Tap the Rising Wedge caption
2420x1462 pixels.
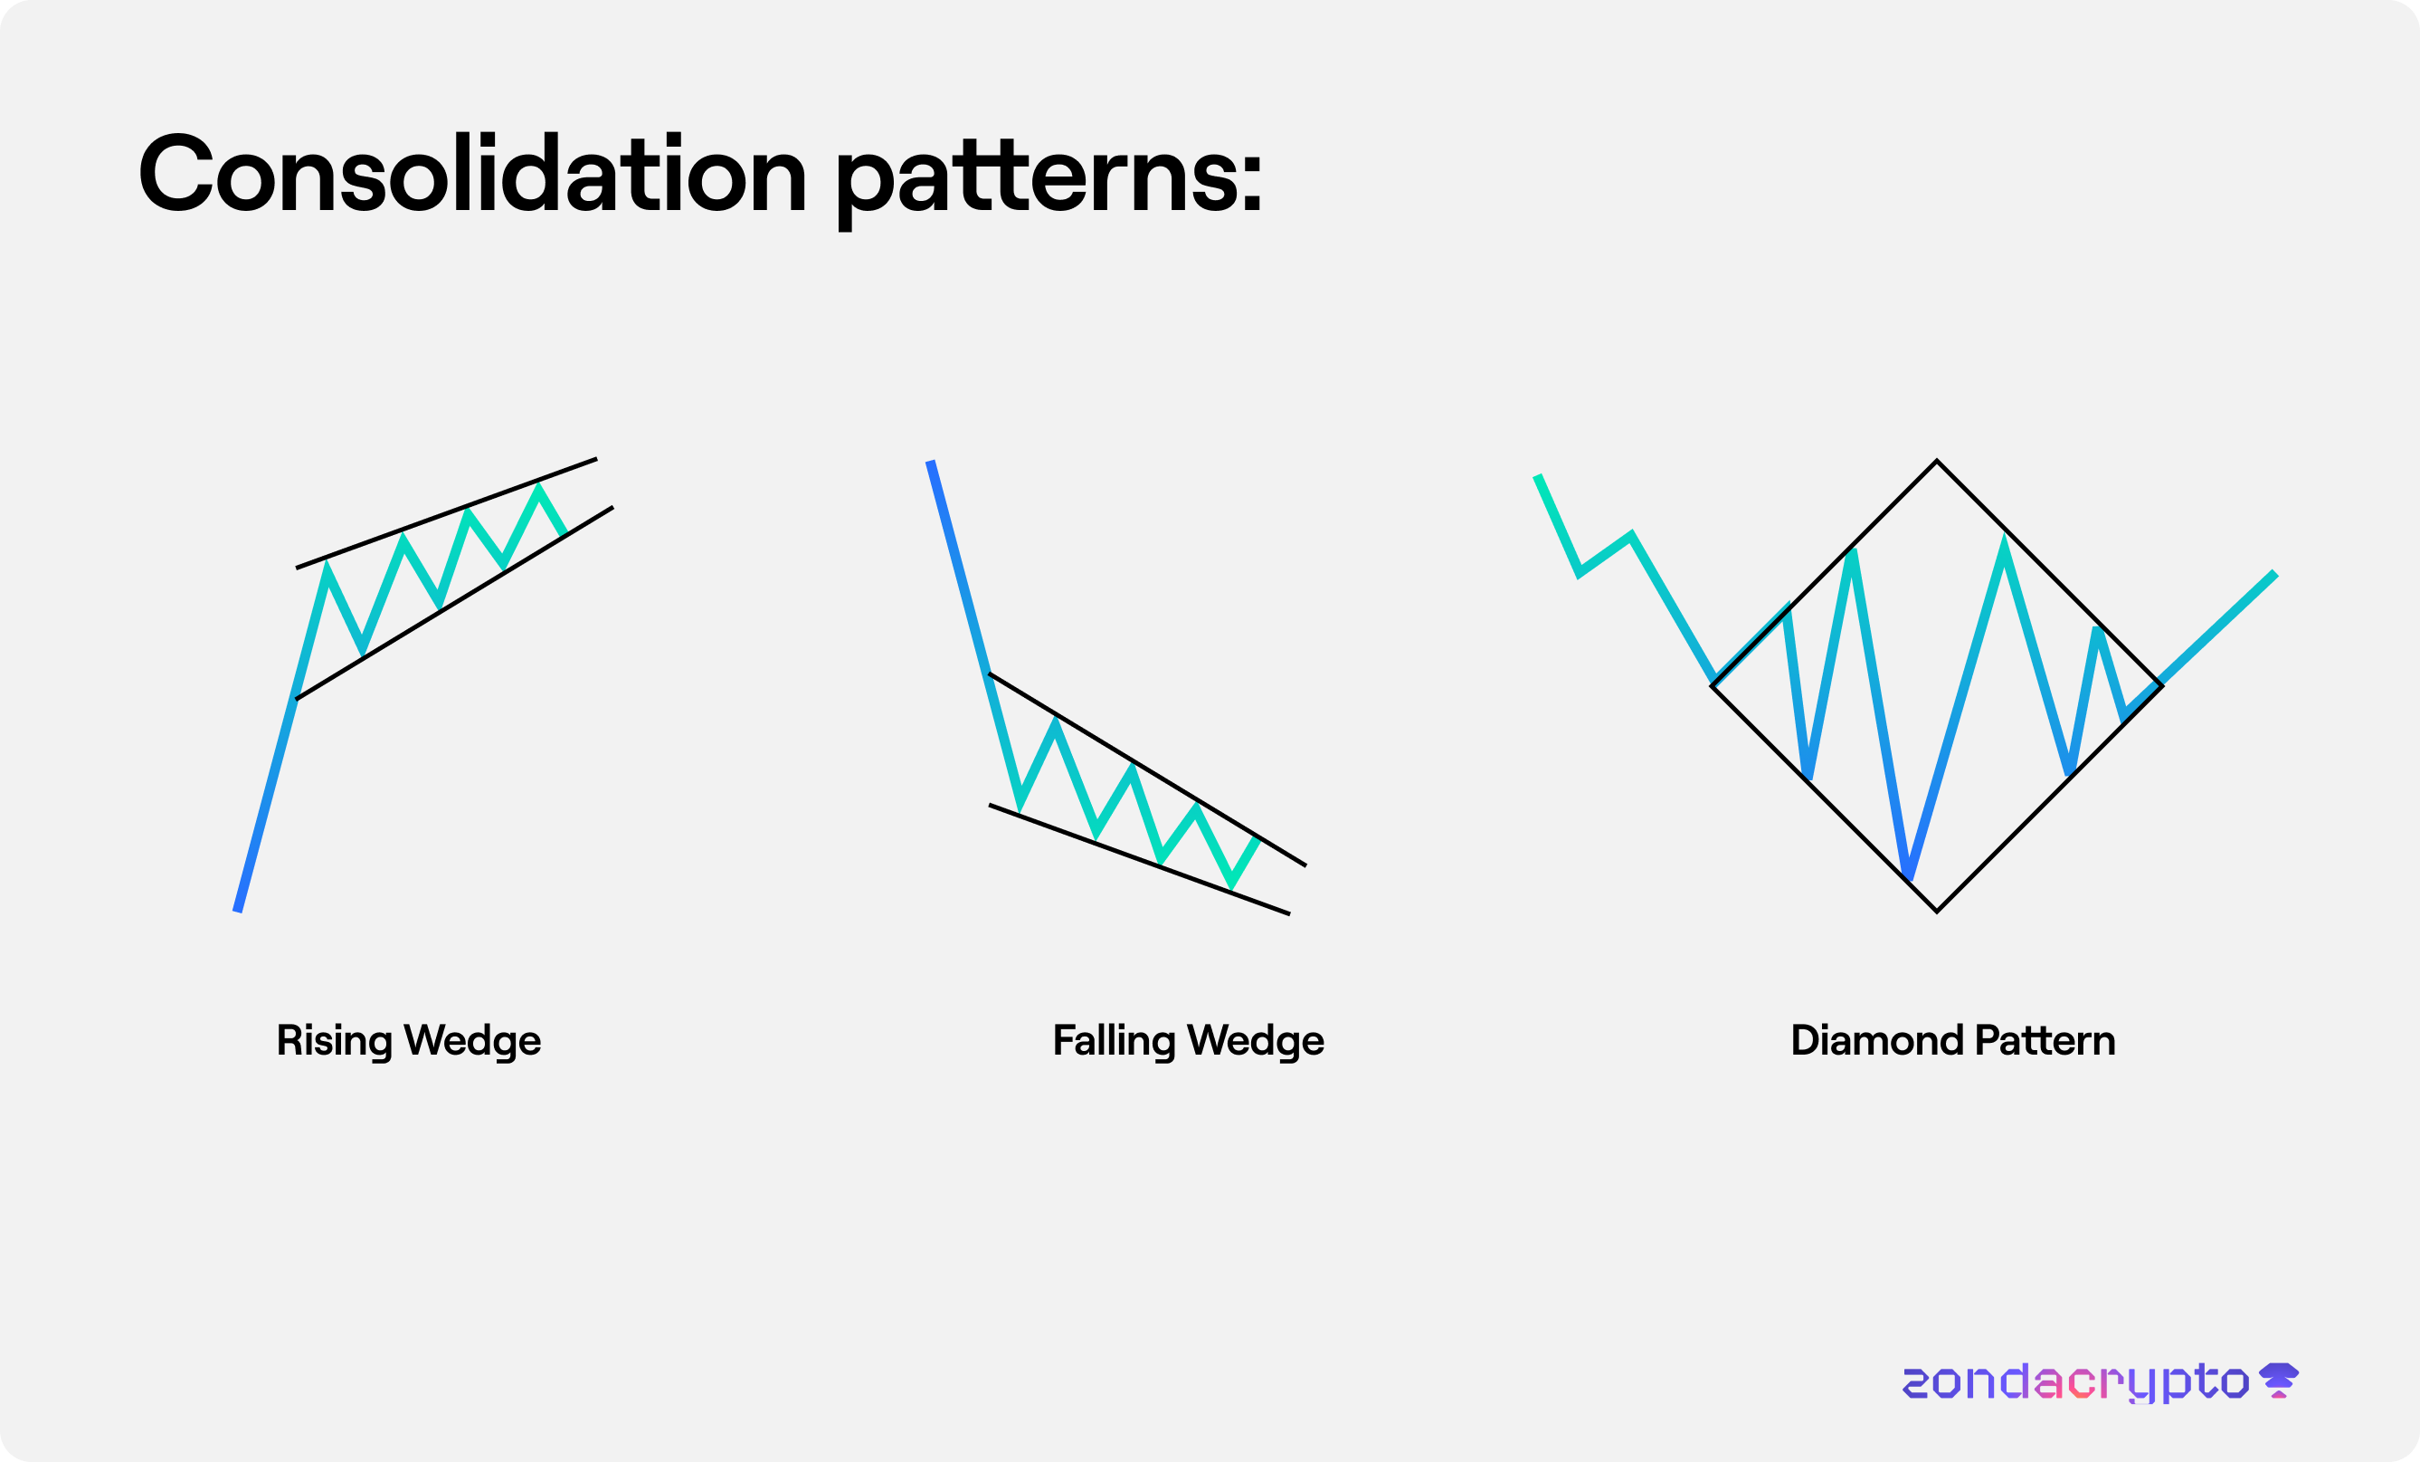409,1041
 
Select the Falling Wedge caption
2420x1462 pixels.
1189,1041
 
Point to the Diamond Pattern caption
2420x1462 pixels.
1952,1040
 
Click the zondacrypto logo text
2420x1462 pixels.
2075,1382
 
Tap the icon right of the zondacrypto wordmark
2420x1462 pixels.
2279,1381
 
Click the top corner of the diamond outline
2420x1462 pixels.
1937,461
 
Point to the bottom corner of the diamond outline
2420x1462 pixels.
1937,912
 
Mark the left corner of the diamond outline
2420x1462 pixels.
1712,686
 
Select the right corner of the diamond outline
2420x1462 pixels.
2161,686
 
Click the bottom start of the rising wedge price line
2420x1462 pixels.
237,912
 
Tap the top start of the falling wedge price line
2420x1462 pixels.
930,461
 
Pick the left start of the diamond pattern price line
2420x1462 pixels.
1537,476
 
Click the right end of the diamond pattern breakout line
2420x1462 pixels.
2274,573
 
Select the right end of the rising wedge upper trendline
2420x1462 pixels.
597,459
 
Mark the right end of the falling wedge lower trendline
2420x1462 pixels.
1289,914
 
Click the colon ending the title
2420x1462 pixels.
1251,183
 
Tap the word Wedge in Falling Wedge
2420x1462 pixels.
1257,1041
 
